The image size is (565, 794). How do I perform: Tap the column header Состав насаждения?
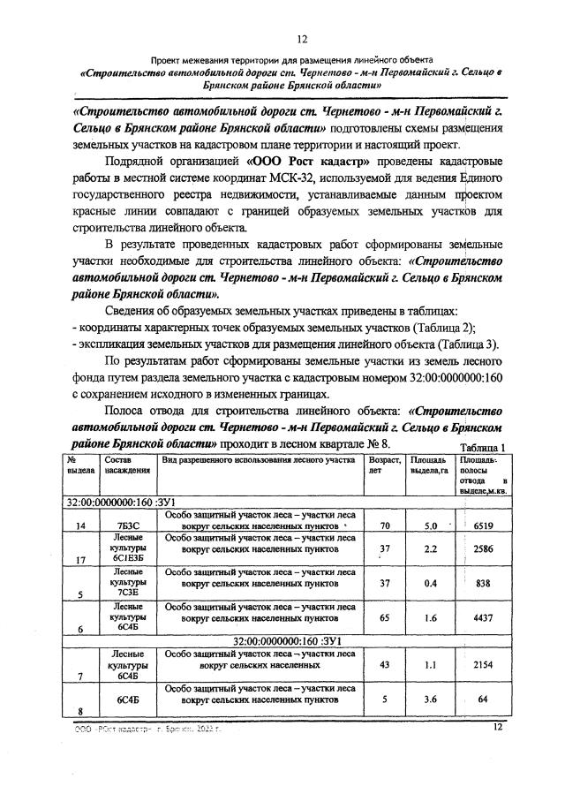[123, 465]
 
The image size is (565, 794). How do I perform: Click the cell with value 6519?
[483, 526]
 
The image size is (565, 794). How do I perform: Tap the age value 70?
[384, 526]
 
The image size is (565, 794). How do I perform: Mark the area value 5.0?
[432, 526]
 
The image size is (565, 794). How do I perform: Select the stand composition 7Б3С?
[123, 527]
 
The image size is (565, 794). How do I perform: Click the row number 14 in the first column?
[81, 527]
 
